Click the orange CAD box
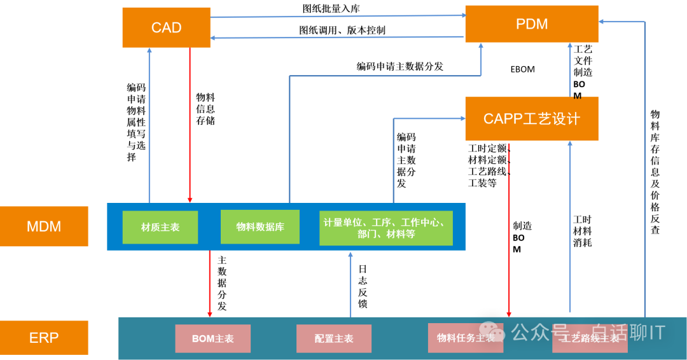(x=166, y=27)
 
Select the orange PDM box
(x=531, y=24)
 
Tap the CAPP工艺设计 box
(x=531, y=119)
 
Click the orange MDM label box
(x=44, y=226)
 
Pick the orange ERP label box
(x=44, y=338)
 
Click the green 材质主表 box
(x=160, y=227)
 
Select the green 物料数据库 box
(x=260, y=227)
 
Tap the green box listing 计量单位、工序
(x=385, y=228)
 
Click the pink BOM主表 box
(x=212, y=338)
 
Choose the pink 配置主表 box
(x=333, y=338)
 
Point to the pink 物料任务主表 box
(x=466, y=338)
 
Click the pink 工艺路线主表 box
(x=590, y=338)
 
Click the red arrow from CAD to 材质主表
(x=190, y=127)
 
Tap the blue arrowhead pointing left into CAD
(x=214, y=38)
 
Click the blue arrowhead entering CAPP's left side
(x=462, y=118)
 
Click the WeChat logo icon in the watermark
(x=492, y=331)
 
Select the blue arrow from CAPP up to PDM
(x=570, y=70)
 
